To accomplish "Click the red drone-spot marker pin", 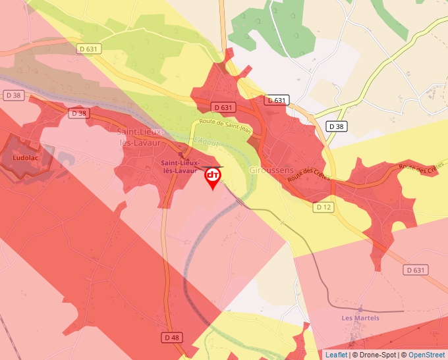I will coord(213,176).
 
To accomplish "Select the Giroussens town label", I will coord(271,170).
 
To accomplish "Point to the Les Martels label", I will coord(360,318).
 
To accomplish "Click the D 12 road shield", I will coord(322,207).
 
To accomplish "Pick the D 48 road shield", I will coord(171,338).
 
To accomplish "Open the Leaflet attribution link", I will coord(336,355).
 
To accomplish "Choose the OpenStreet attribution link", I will coord(428,355).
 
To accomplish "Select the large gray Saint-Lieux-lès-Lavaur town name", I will coord(141,136).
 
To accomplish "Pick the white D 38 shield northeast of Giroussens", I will coord(336,126).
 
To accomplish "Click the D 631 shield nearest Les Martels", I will coord(415,270).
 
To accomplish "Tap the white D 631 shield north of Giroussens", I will coord(277,100).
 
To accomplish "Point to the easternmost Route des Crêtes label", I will coord(418,169).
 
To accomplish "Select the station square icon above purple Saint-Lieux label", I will coord(181,156).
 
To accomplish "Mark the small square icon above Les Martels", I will coord(360,308).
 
